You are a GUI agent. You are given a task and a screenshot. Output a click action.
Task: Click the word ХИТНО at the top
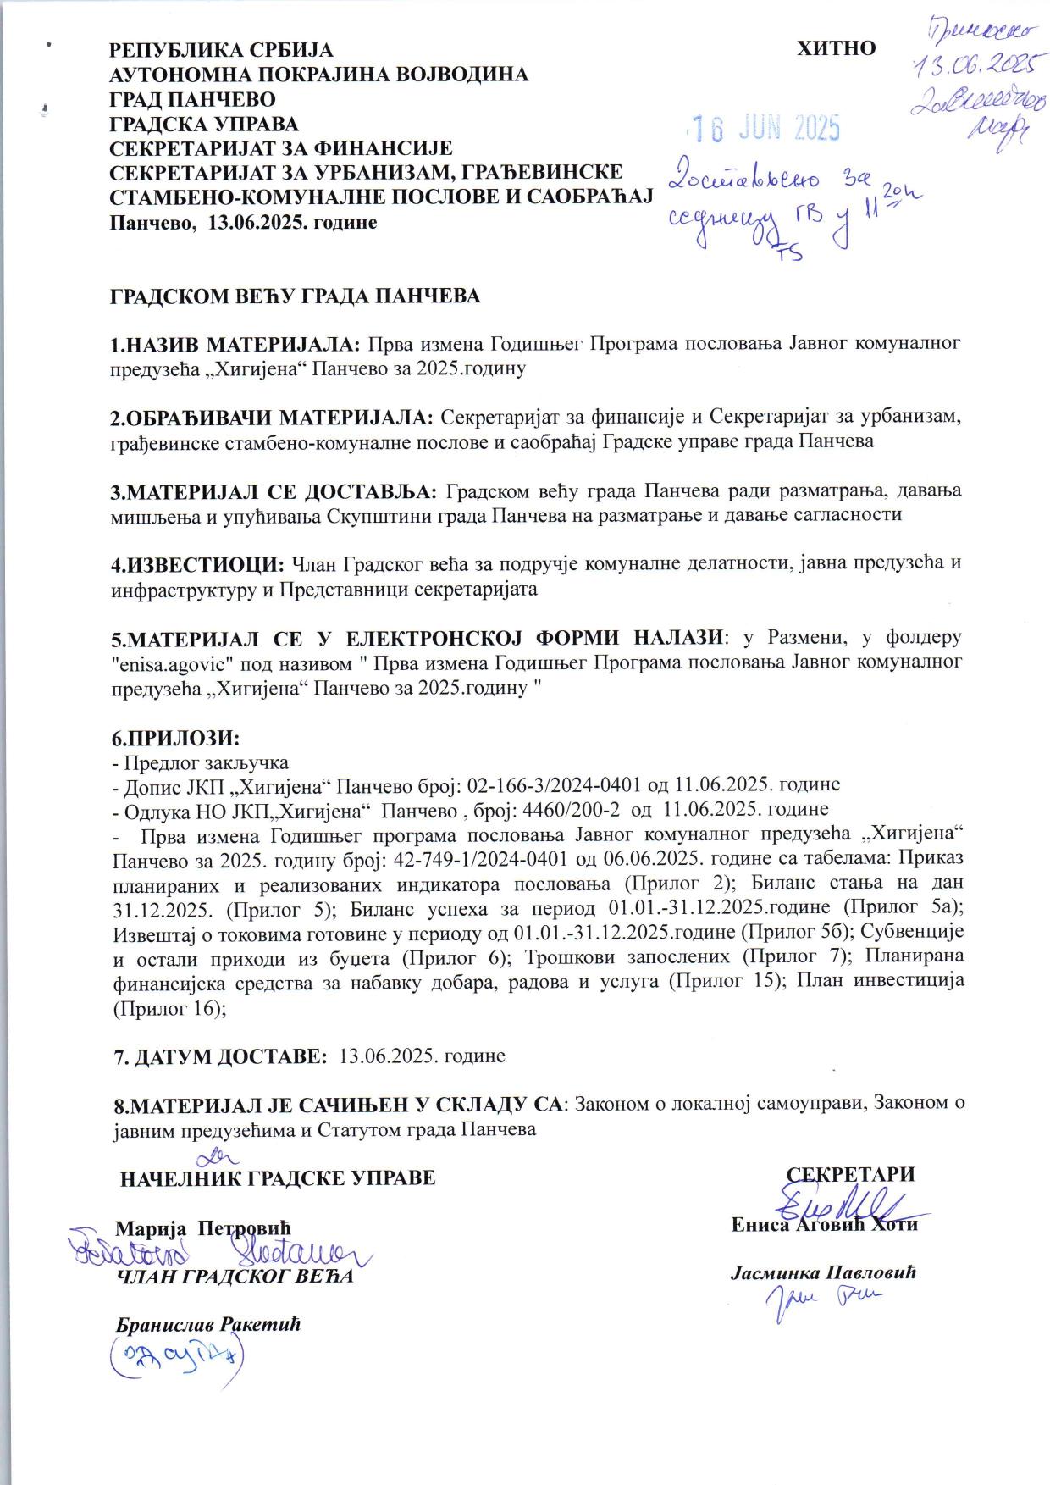pyautogui.click(x=836, y=48)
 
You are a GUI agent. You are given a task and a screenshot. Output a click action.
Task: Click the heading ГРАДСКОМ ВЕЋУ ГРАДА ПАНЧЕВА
pyautogui.click(x=296, y=296)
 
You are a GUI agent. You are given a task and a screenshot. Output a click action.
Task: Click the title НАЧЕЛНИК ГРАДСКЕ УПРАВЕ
pyautogui.click(x=278, y=1178)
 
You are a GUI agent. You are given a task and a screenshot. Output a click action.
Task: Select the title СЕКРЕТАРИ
pyautogui.click(x=851, y=1174)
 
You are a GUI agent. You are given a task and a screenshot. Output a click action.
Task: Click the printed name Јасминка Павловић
pyautogui.click(x=823, y=1272)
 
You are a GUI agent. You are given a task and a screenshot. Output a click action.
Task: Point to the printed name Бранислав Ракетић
pyautogui.click(x=208, y=1323)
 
